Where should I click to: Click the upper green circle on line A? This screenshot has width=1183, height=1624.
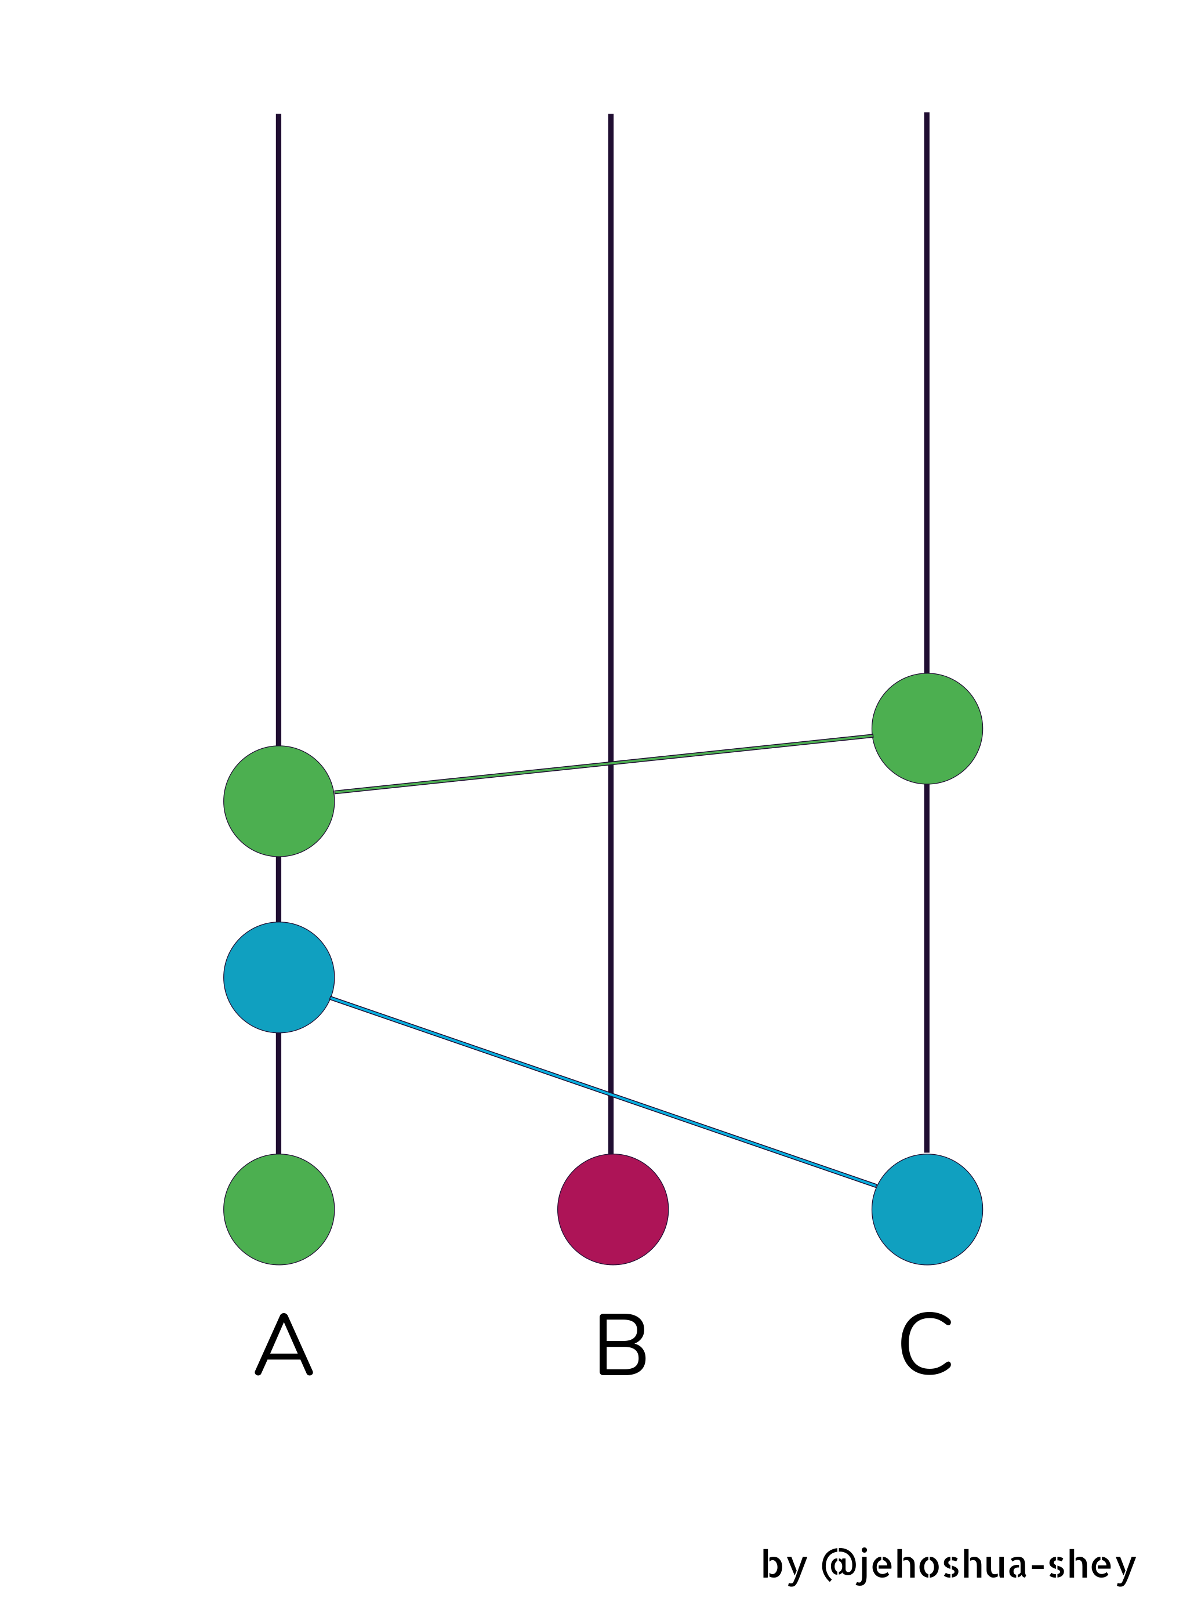point(280,801)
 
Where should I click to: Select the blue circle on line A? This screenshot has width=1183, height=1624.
point(280,977)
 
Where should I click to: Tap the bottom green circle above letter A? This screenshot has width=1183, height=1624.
point(280,1209)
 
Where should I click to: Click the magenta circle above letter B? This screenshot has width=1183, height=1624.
point(613,1209)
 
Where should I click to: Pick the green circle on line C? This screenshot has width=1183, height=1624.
point(927,729)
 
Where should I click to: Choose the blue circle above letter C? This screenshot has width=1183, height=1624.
point(927,1209)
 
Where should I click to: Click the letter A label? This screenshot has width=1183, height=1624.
point(284,1345)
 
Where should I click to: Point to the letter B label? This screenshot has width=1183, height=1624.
point(622,1345)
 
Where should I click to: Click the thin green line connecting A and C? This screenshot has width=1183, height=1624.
point(604,764)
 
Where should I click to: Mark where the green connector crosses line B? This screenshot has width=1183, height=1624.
point(611,763)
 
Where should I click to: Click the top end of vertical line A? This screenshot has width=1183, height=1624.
point(278,115)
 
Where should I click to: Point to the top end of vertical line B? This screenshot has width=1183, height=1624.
point(611,115)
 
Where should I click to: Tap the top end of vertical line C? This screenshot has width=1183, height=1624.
point(927,113)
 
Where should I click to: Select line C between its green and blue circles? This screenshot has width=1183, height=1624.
point(927,969)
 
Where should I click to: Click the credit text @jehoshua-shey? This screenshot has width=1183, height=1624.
point(978,1565)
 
